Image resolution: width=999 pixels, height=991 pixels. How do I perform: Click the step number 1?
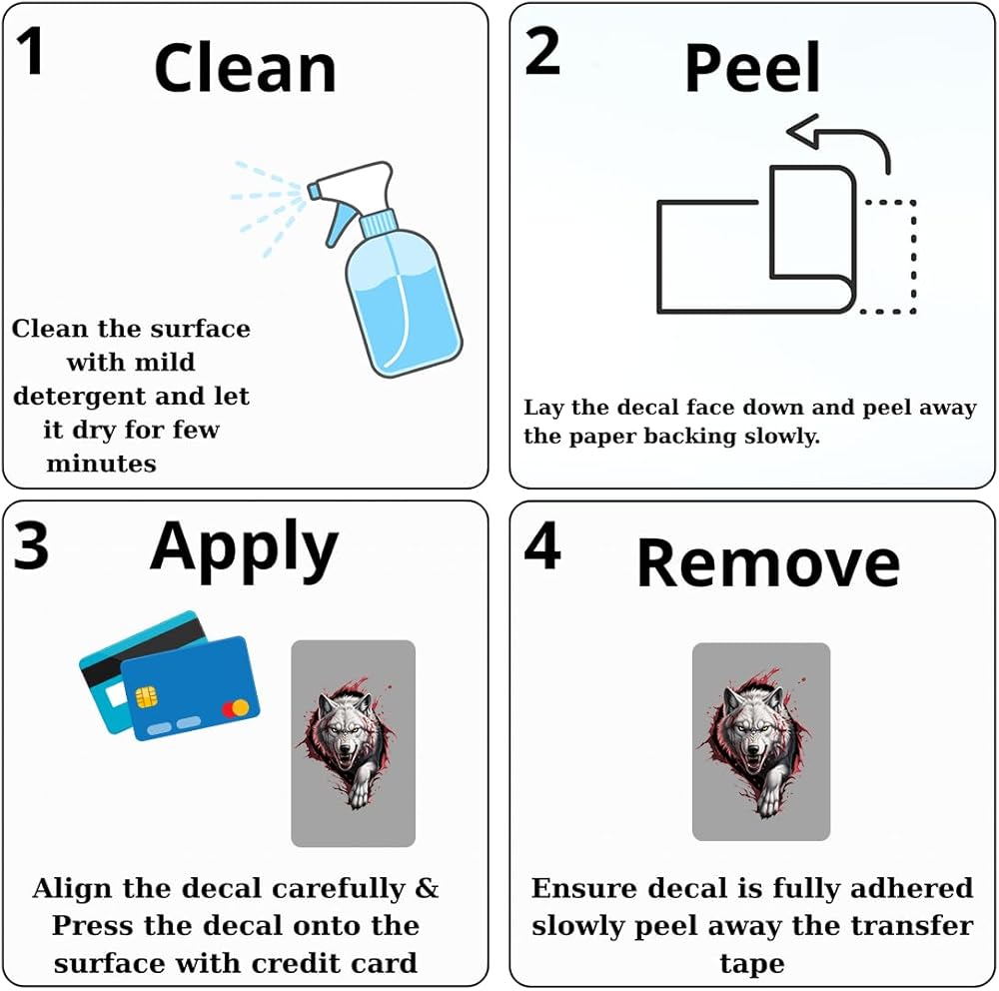31,51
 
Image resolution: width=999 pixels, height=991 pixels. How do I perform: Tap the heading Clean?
246,69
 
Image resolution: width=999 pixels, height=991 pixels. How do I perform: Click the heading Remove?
768,562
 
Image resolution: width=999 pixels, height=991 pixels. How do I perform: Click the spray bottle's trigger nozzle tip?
312,191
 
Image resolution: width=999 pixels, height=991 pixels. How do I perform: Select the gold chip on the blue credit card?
147,697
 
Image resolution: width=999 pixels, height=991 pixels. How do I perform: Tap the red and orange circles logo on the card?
236,708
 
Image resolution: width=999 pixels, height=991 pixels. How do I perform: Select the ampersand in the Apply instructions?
428,888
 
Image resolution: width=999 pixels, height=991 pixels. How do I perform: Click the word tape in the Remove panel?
752,964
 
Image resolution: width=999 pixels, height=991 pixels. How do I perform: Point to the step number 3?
31,545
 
